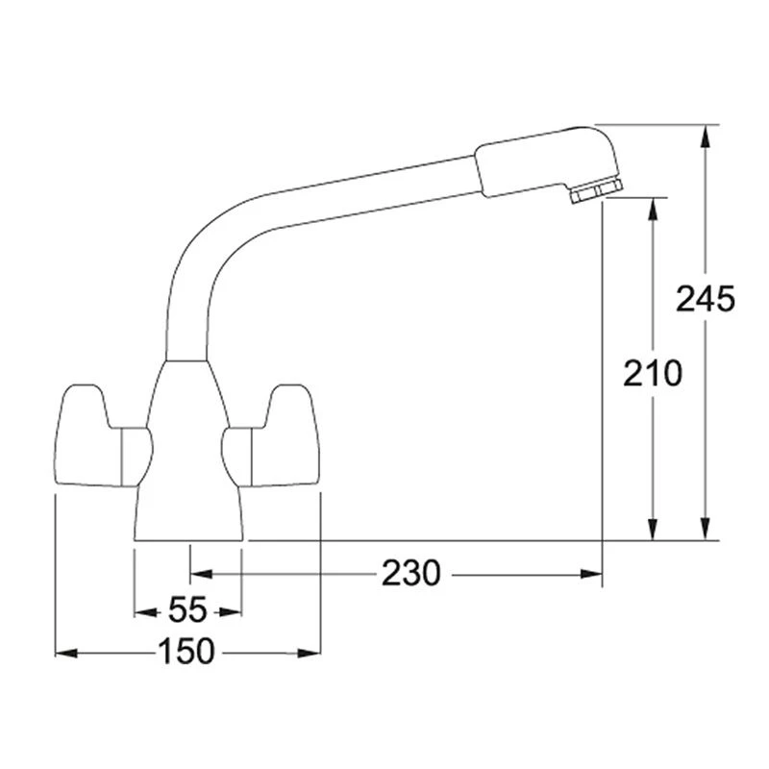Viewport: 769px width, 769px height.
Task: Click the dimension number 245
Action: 705,299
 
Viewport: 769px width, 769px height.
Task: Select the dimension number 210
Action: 652,372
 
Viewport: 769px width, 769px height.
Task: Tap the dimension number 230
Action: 410,574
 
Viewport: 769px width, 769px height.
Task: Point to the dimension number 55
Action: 187,610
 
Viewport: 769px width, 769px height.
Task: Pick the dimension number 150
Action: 186,652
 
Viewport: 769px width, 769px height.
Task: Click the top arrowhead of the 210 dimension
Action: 654,208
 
